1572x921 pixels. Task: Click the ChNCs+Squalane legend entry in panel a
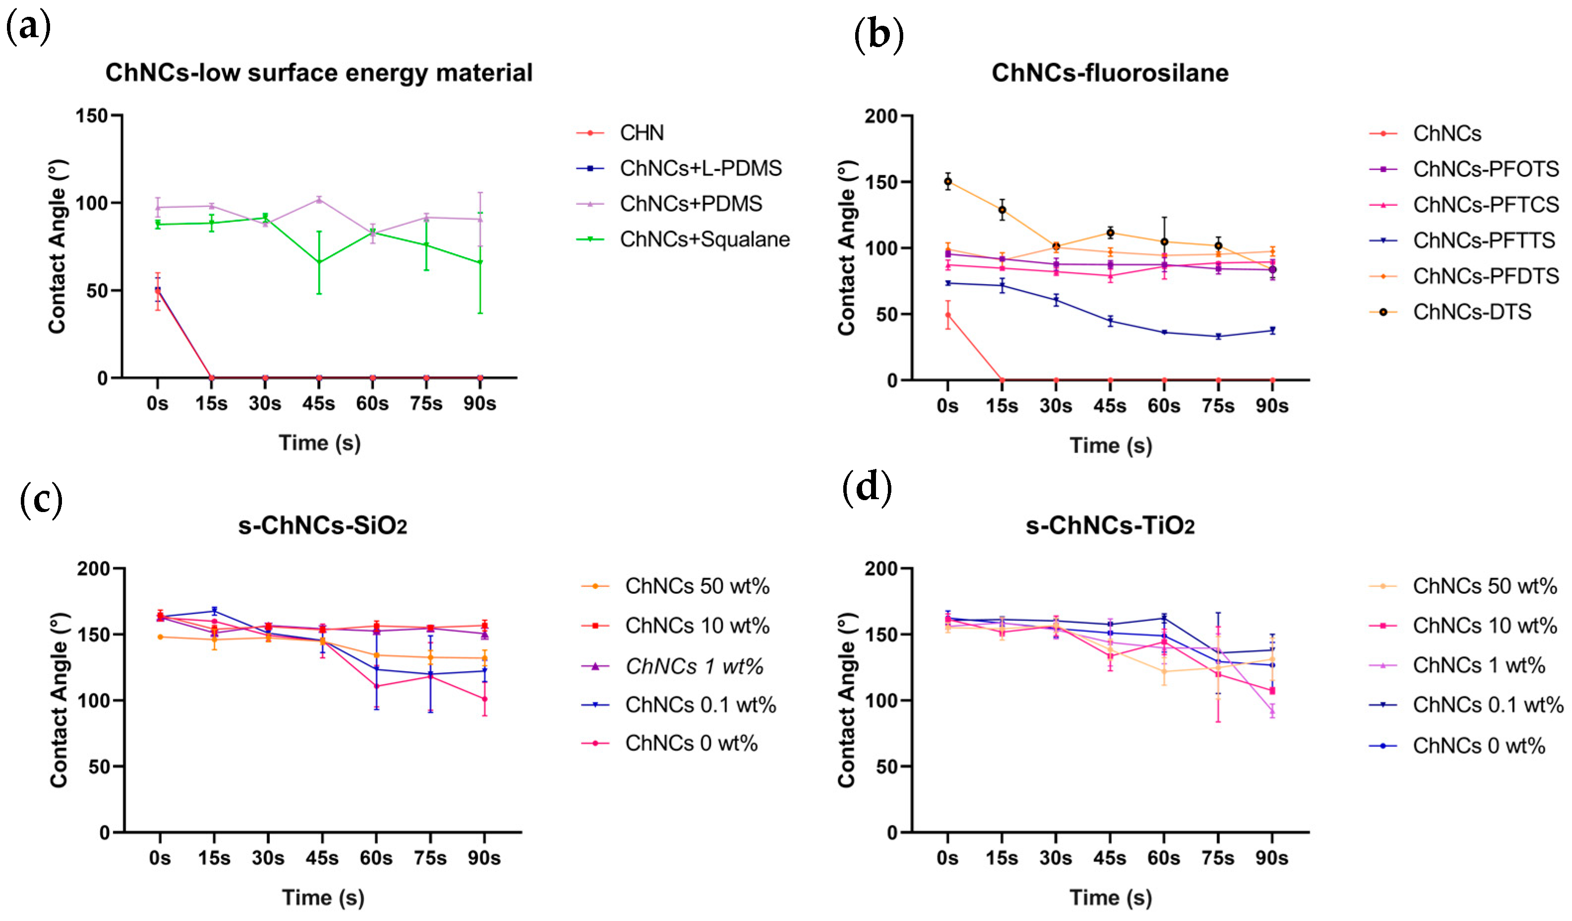pos(704,239)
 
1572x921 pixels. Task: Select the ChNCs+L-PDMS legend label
pos(700,169)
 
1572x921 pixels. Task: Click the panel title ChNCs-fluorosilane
pos(1110,73)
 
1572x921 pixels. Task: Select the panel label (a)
pos(28,28)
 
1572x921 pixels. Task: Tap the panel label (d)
pos(867,488)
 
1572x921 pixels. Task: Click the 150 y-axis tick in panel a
pos(92,116)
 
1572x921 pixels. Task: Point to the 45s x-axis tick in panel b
pos(1110,406)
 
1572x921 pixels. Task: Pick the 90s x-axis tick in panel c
pos(484,859)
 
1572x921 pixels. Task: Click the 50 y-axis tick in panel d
pos(886,766)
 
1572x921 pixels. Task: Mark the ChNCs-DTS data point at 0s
pos(947,182)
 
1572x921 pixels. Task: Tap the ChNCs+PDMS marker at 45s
pos(319,200)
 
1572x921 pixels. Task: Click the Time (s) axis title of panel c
pos(323,897)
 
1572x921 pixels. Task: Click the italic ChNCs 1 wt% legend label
pos(695,667)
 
